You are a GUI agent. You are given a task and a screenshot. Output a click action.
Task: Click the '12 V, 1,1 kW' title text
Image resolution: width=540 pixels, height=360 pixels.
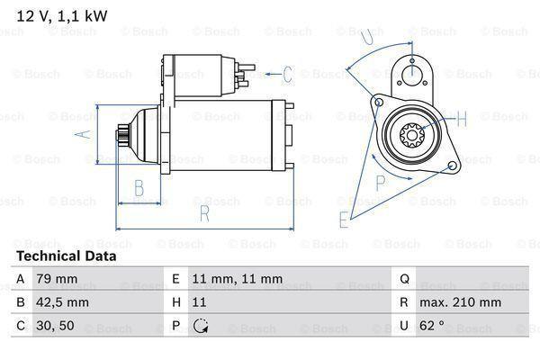tap(56, 14)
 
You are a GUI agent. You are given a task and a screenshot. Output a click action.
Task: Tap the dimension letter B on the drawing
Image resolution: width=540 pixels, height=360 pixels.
tap(140, 187)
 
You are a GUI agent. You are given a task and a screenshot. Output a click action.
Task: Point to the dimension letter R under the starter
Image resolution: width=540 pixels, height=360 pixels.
tap(205, 213)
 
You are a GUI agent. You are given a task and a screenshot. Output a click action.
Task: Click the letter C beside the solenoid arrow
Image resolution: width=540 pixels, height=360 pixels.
tap(287, 74)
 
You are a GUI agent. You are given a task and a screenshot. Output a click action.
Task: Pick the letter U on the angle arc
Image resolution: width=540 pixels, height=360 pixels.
tap(366, 37)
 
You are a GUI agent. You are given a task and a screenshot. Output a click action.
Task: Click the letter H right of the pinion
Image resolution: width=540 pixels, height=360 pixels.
tap(461, 118)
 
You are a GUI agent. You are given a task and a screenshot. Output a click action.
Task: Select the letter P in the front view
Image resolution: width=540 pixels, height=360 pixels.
tap(380, 181)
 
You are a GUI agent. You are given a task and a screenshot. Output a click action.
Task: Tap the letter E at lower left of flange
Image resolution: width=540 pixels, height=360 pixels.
tap(344, 218)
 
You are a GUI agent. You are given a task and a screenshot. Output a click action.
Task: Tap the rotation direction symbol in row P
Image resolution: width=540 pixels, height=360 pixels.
tap(200, 326)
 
